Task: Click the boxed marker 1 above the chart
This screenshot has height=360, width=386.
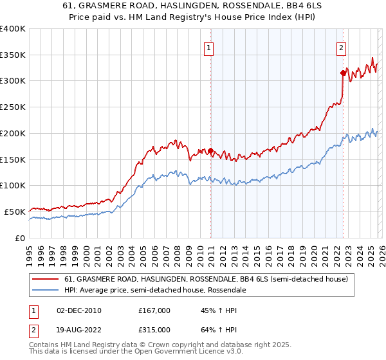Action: [x=210, y=46]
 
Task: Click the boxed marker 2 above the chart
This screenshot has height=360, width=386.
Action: [x=341, y=46]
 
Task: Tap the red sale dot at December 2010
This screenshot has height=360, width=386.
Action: [x=210, y=150]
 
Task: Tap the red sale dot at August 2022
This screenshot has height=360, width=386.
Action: [x=343, y=73]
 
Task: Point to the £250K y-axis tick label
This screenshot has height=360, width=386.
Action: [x=13, y=107]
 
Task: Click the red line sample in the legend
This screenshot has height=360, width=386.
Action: [x=46, y=280]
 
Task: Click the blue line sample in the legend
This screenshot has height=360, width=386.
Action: [x=46, y=291]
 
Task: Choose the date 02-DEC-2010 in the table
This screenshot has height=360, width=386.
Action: [x=78, y=310]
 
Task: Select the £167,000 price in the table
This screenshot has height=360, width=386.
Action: [x=154, y=310]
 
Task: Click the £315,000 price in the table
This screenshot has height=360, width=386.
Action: [x=154, y=329]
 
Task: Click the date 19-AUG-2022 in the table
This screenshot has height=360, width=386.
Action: [x=78, y=329]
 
